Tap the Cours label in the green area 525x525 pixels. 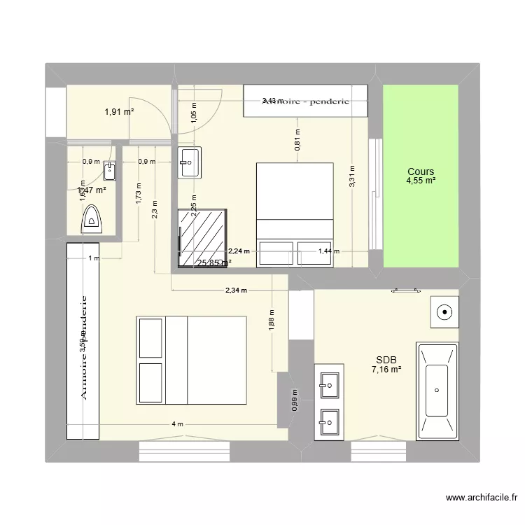pos(421,171)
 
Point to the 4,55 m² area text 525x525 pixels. pos(421,181)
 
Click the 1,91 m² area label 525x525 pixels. pos(119,111)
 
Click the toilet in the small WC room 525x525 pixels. pos(92,221)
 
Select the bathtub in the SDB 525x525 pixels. pos(437,391)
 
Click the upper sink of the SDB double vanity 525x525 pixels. pos(329,382)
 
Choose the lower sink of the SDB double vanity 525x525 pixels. pos(329,421)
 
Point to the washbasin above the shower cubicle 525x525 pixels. pos(189,162)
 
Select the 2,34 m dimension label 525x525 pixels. pos(237,291)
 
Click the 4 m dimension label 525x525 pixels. pos(178,424)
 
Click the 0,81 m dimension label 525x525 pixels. pos(297,142)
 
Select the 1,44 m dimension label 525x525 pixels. pos(329,251)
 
